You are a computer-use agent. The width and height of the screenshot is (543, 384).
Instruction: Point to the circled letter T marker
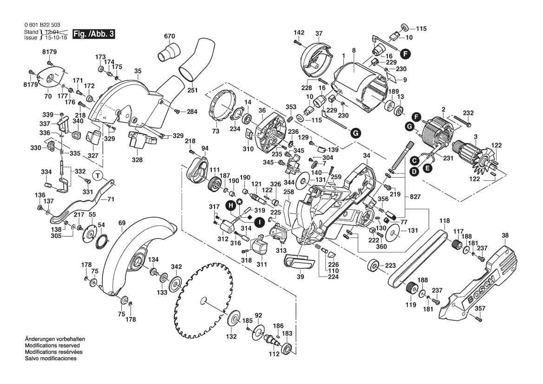(x=97, y=175)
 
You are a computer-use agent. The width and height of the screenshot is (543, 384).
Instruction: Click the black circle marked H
(x=229, y=205)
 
